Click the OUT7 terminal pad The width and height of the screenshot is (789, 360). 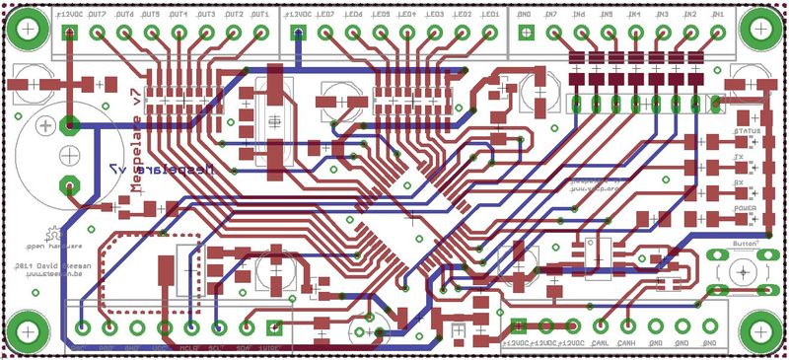pos(98,32)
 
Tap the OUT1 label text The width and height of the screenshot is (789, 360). pos(259,16)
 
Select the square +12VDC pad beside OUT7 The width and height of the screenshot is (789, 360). pos(70,32)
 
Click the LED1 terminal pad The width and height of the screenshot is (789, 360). pos(489,32)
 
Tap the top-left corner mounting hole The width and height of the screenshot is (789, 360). pos(28,28)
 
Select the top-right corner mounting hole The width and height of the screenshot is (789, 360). pos(760,28)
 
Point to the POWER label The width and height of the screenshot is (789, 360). pos(745,210)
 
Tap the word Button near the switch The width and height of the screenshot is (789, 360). pos(744,243)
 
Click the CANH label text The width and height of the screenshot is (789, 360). pos(626,343)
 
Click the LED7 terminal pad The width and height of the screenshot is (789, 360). pos(325,32)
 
